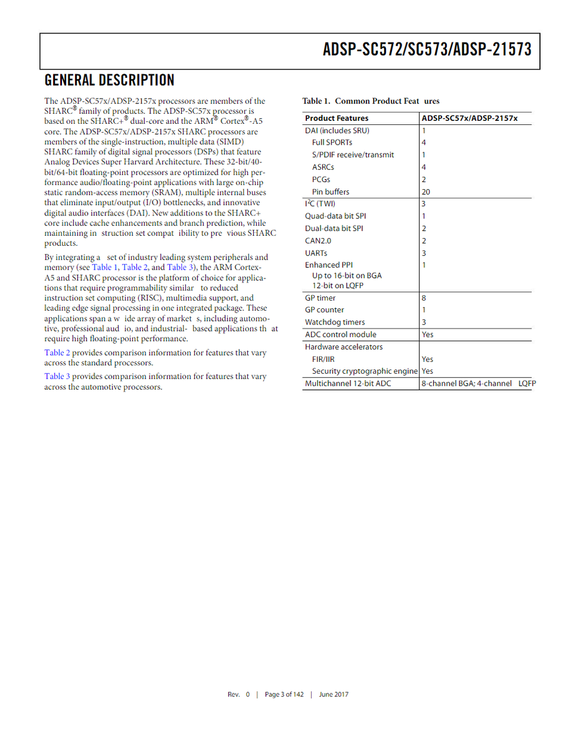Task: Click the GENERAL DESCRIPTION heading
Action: coord(110,80)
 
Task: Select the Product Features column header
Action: coord(337,118)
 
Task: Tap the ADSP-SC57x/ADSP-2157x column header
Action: coord(469,118)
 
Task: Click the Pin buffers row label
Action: coord(331,192)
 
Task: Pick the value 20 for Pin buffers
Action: coord(425,192)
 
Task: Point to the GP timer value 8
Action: coord(424,298)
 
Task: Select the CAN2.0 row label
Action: coord(318,240)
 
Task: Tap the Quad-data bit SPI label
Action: coord(335,216)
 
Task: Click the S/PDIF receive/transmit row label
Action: coord(353,155)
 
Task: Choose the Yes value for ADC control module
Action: coord(427,334)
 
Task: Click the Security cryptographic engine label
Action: coord(365,371)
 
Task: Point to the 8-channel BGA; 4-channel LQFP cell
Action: coord(478,384)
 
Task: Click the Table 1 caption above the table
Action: coord(371,101)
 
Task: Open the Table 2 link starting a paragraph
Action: coord(57,353)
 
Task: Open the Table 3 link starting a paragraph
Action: coord(57,377)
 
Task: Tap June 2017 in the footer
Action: coord(334,695)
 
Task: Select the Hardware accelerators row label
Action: coord(344,347)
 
